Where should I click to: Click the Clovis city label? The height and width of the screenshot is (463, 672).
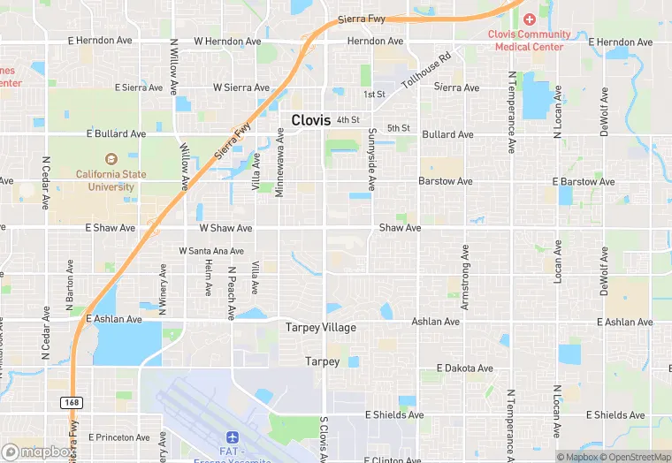311,120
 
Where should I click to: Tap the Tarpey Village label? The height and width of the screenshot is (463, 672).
320,328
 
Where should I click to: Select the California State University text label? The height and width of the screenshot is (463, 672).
111,180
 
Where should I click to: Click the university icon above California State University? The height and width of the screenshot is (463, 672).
111,159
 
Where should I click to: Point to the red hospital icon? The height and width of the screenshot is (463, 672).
530,19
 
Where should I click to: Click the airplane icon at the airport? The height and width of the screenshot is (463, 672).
233,437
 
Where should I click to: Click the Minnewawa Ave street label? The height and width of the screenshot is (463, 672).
279,162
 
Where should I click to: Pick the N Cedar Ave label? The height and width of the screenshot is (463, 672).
45,183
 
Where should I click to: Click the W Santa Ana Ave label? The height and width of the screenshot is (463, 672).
210,251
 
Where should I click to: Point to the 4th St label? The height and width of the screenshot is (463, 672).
347,119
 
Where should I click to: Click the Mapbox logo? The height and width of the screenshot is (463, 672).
37,452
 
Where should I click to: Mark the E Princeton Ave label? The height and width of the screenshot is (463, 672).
118,437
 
